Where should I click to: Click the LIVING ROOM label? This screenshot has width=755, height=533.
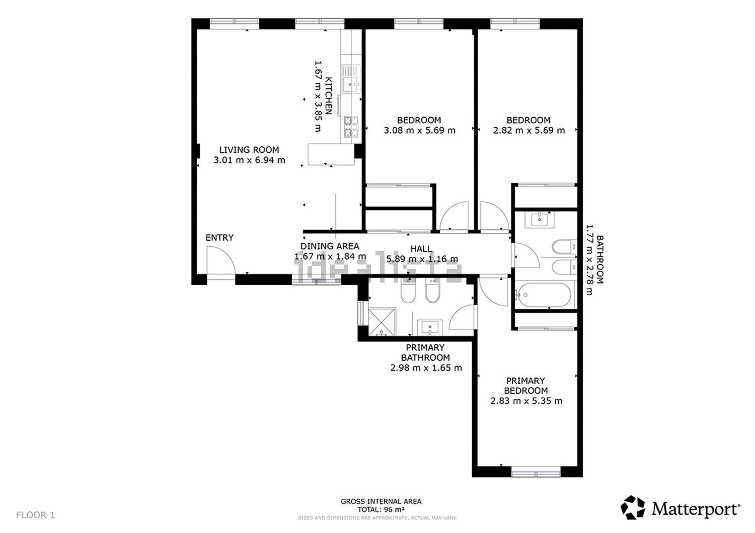click(249, 150)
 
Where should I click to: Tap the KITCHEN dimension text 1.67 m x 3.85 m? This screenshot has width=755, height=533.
click(318, 97)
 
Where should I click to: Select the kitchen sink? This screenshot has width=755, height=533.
click(350, 79)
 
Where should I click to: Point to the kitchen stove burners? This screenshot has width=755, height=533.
click(351, 127)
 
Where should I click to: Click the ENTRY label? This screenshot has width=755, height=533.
click(219, 238)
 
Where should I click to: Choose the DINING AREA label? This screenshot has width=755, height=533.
click(330, 246)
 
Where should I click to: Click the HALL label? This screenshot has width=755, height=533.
click(421, 249)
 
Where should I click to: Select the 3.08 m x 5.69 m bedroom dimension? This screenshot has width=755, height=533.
click(420, 130)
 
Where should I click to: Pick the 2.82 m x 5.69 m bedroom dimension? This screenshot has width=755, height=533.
click(529, 130)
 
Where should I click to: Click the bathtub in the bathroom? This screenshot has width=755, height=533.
click(544, 295)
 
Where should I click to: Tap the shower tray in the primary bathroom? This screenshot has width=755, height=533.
click(382, 321)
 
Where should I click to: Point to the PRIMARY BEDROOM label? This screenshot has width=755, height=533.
click(526, 386)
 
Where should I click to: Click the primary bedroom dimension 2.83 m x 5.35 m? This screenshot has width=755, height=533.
click(526, 401)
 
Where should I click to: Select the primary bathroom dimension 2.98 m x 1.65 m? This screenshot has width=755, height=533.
click(426, 368)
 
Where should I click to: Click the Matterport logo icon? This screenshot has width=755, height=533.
click(633, 507)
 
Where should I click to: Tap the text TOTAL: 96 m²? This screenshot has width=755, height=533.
click(381, 509)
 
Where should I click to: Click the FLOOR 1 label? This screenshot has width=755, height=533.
click(35, 515)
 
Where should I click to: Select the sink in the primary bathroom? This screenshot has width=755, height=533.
click(430, 327)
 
